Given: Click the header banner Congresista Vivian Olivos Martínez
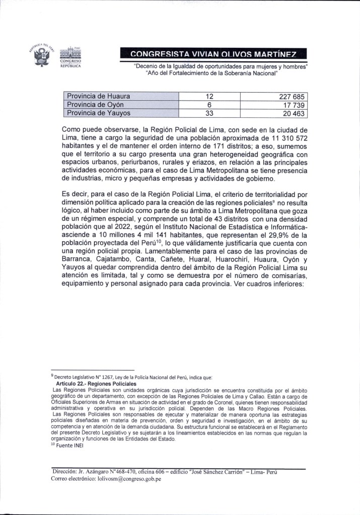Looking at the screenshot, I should click(x=213, y=53).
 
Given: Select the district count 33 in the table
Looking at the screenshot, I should click(x=210, y=113).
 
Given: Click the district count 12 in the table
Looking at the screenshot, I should click(x=210, y=96).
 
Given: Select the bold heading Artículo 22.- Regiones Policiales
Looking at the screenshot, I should click(x=93, y=384).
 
